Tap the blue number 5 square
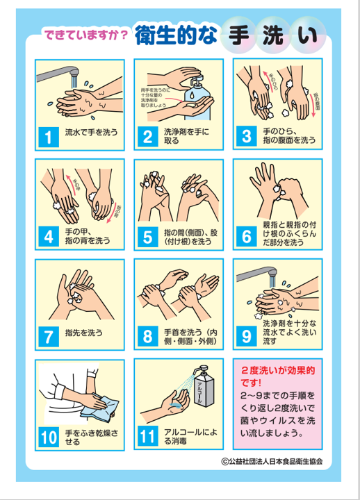[147, 236]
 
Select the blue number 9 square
[246, 336]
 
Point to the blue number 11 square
[147, 436]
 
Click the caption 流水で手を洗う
[91, 131]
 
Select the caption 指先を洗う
[81, 332]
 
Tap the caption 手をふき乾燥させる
[91, 435]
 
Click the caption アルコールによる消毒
[190, 435]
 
